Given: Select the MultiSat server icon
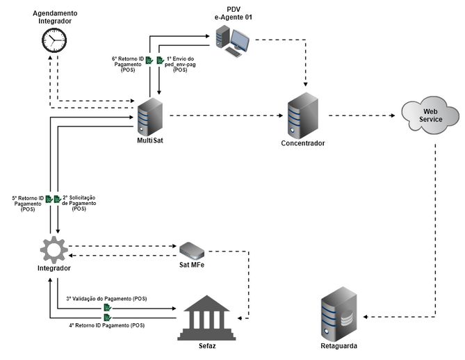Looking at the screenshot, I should pyautogui.click(x=149, y=116).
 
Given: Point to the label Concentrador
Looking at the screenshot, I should pyautogui.click(x=302, y=143).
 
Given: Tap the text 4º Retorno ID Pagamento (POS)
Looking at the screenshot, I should pyautogui.click(x=107, y=325).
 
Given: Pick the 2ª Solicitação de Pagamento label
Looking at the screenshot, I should pyautogui.click(x=79, y=203).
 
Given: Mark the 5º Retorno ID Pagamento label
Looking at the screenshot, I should pyautogui.click(x=28, y=203).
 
